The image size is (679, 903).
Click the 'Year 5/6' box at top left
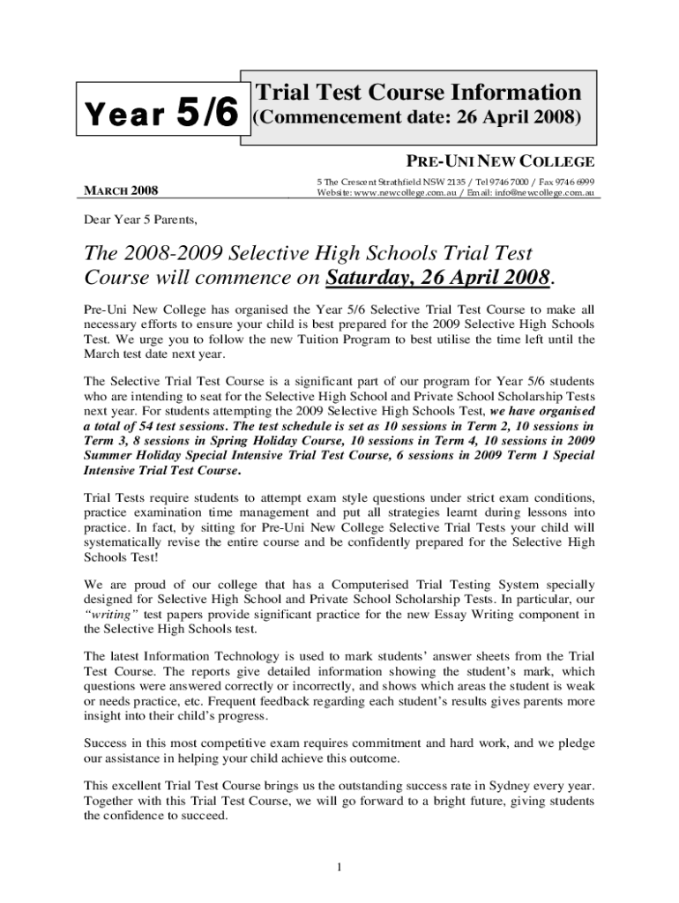pos(162,116)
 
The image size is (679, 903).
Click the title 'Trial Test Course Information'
pos(418,93)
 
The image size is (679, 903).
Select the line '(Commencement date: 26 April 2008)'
pos(418,118)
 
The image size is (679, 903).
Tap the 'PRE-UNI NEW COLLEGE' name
pos(500,161)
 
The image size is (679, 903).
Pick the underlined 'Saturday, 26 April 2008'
pos(438,278)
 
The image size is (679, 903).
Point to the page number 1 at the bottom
pos(339,869)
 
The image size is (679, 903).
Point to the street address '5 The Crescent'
pos(347,181)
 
